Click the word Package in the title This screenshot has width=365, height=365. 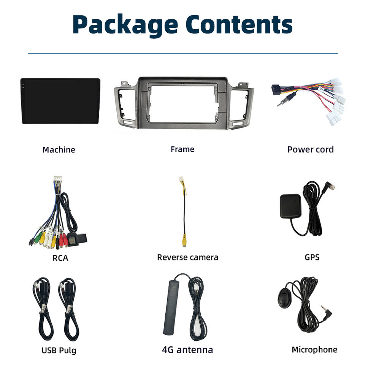[x=125, y=25]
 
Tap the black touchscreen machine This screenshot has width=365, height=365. [x=60, y=101]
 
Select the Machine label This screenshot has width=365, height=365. [x=59, y=150]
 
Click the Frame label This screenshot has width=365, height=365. [x=182, y=149]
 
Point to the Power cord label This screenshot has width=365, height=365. [x=310, y=149]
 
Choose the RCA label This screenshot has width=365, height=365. [x=60, y=258]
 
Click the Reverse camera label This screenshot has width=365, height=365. [x=187, y=257]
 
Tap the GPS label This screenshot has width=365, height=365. [x=312, y=257]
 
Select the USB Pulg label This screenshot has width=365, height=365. [x=59, y=350]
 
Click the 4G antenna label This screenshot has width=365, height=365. [x=187, y=350]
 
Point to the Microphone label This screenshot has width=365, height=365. [x=314, y=349]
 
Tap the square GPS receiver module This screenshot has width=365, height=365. [x=290, y=206]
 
